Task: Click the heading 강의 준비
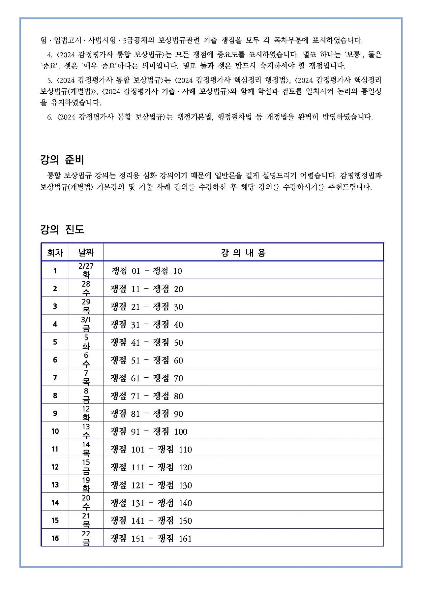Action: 62,160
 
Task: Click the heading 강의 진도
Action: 62,230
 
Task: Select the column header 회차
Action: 55,253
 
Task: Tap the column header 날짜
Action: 86,253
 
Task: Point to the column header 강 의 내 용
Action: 243,253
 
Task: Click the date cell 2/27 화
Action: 86,270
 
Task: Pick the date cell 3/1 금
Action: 86,324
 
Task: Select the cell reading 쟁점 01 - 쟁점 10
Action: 147,271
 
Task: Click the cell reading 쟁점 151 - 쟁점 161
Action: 151,539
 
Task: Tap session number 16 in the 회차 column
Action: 55,538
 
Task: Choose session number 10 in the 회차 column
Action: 55,431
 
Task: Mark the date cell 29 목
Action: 86,306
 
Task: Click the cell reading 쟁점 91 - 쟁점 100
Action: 149,432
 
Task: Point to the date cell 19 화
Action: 86,484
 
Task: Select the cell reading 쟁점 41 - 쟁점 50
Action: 147,343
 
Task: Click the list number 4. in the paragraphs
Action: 50,55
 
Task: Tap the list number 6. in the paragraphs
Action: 50,117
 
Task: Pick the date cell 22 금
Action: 86,538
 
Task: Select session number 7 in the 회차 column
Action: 55,378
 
